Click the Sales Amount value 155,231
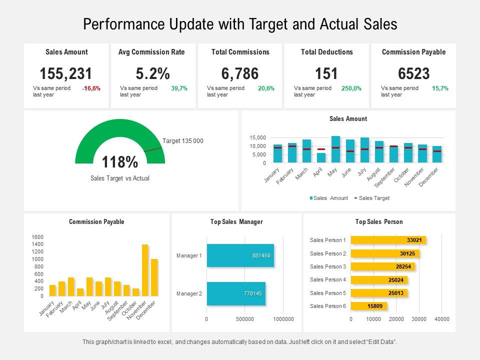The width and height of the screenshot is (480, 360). pyautogui.click(x=66, y=74)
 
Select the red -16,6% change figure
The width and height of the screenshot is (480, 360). pyautogui.click(x=91, y=88)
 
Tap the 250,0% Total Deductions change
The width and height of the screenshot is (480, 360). pyautogui.click(x=351, y=88)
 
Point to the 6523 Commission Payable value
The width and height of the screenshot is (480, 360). pyautogui.click(x=413, y=74)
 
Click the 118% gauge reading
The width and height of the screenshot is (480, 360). pyautogui.click(x=120, y=162)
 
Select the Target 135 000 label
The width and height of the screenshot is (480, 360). pyautogui.click(x=182, y=141)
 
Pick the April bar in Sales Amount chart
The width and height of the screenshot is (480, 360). pyautogui.click(x=321, y=158)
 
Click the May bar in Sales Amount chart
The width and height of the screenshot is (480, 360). pyautogui.click(x=335, y=149)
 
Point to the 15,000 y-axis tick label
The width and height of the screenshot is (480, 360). pyautogui.click(x=258, y=138)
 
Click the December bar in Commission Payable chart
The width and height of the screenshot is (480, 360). pyautogui.click(x=154, y=277)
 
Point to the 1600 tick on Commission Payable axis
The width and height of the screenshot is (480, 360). pyautogui.click(x=37, y=237)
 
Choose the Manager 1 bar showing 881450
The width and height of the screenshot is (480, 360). pyautogui.click(x=240, y=255)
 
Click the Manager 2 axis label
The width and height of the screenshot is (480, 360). pyautogui.click(x=189, y=293)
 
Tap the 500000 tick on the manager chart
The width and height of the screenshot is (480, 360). pyautogui.click(x=245, y=319)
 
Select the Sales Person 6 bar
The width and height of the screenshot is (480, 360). pyautogui.click(x=368, y=306)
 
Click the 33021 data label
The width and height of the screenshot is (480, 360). pyautogui.click(x=414, y=240)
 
